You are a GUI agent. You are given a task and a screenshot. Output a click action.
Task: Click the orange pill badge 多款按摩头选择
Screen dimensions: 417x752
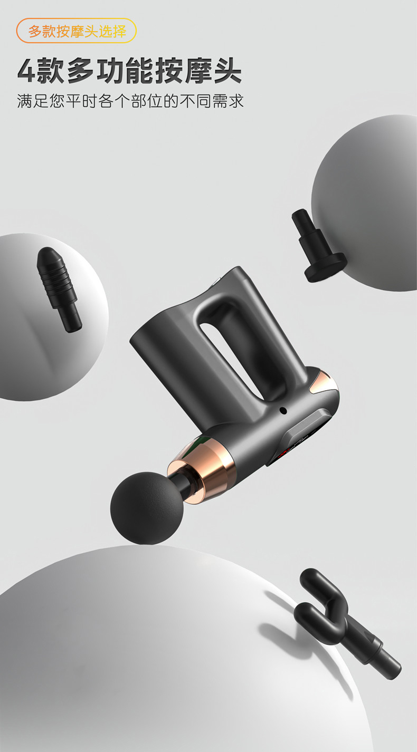(x=77, y=31)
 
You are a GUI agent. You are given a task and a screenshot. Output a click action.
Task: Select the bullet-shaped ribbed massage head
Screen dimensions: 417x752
(x=59, y=289)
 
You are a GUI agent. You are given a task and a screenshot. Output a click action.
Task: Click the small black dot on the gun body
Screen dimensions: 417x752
(x=283, y=410)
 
